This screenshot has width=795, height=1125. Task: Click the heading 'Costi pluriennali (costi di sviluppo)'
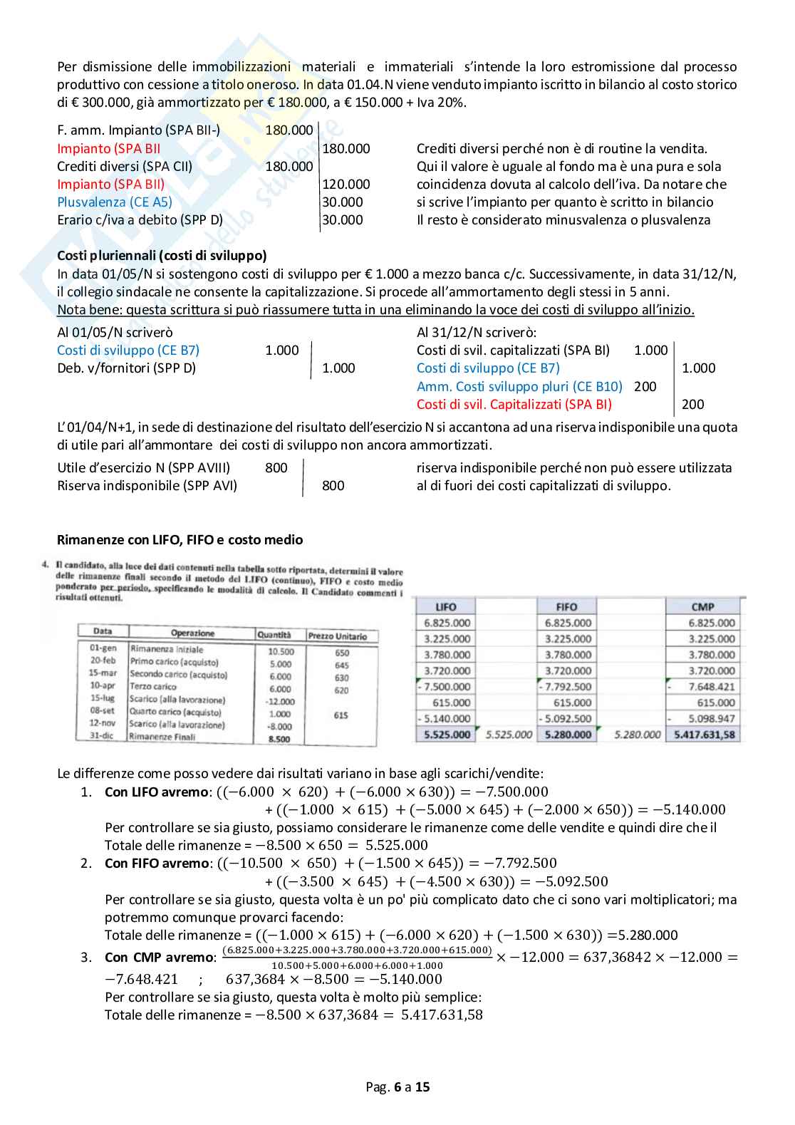(x=162, y=256)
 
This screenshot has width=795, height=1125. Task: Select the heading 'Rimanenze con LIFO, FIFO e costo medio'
(x=180, y=540)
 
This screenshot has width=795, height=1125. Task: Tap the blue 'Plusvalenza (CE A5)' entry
(x=115, y=202)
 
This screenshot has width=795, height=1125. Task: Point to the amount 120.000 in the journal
(x=346, y=185)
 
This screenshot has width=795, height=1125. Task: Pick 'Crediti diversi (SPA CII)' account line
(x=125, y=167)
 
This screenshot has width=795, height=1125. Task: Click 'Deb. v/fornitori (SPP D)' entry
(x=126, y=368)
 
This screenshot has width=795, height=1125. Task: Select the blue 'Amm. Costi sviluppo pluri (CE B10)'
(x=519, y=387)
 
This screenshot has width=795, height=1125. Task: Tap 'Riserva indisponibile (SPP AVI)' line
(x=147, y=486)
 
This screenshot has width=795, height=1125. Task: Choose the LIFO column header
(x=446, y=607)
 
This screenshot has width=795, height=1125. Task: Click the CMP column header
(x=702, y=607)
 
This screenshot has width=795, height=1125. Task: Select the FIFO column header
(x=566, y=607)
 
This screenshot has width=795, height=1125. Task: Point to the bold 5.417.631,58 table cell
(x=704, y=735)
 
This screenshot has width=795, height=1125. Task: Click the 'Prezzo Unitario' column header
(x=338, y=636)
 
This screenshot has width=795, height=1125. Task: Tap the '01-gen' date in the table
(x=103, y=648)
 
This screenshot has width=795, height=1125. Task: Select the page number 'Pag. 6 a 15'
(x=397, y=1087)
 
